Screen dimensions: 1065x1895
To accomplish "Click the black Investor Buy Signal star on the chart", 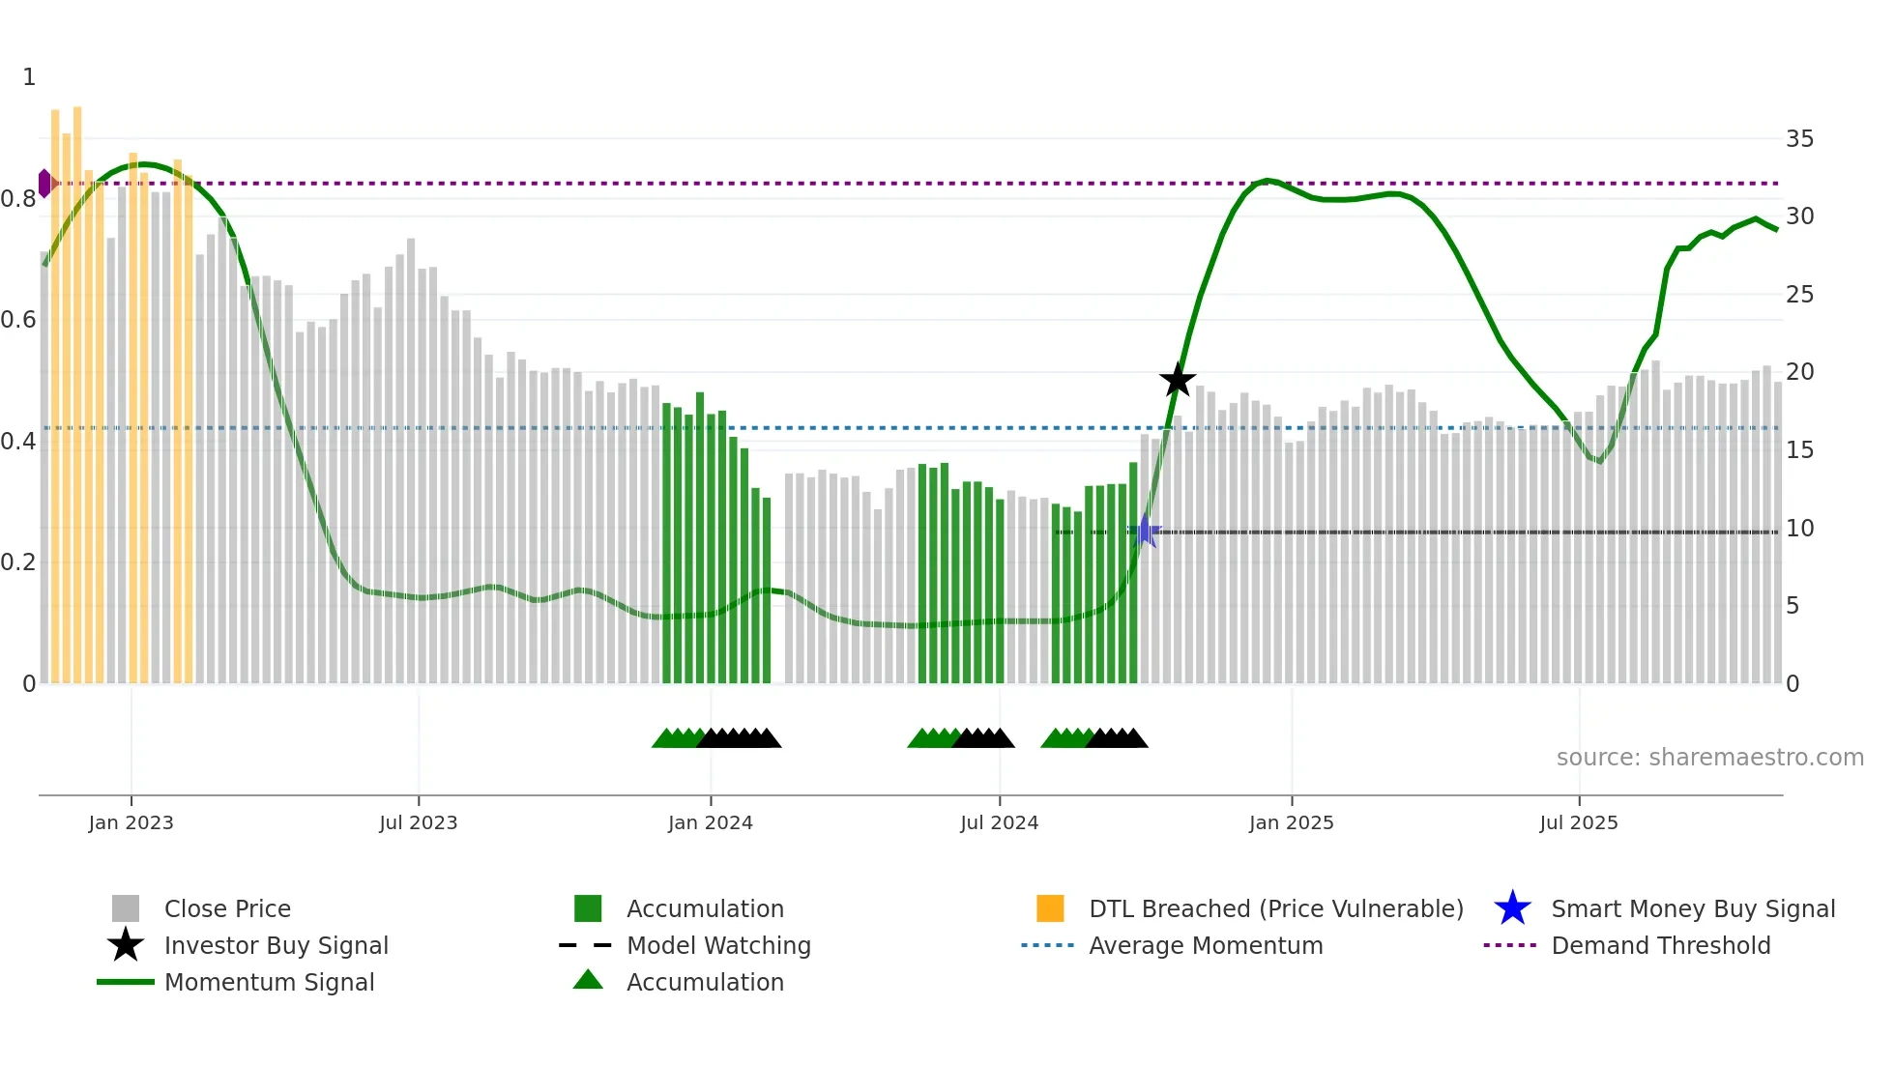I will tap(1177, 380).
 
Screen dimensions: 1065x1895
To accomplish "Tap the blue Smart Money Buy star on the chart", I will tap(1145, 531).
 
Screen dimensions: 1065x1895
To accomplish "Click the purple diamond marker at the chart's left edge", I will tap(44, 183).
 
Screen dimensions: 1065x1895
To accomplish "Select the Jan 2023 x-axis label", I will tap(131, 822).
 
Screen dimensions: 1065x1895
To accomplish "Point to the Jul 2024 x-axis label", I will tap(999, 822).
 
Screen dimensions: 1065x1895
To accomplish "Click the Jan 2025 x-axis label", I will tap(1291, 822).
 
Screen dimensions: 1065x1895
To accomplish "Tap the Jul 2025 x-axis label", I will tap(1578, 822).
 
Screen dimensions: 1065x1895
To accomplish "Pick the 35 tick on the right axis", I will tap(1799, 139).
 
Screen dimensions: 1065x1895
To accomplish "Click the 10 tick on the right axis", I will tap(1799, 529).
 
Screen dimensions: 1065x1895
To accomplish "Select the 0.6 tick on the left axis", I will tap(19, 320).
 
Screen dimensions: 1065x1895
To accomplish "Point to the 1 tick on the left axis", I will tap(29, 77).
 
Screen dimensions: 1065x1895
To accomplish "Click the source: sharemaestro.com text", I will tap(1709, 758).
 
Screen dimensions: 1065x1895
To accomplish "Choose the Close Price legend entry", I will tap(227, 908).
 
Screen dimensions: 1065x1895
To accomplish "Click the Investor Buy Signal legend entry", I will tap(276, 945).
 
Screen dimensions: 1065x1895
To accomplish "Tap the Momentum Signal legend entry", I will tap(269, 982).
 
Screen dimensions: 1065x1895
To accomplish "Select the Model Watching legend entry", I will tap(718, 945).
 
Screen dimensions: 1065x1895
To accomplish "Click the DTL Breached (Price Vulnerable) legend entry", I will tap(1275, 908).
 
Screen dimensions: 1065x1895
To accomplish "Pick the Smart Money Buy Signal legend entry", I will tap(1693, 908).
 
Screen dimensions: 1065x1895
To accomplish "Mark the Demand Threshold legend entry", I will tap(1660, 945).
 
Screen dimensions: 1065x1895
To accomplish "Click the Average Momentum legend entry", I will tap(1206, 945).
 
